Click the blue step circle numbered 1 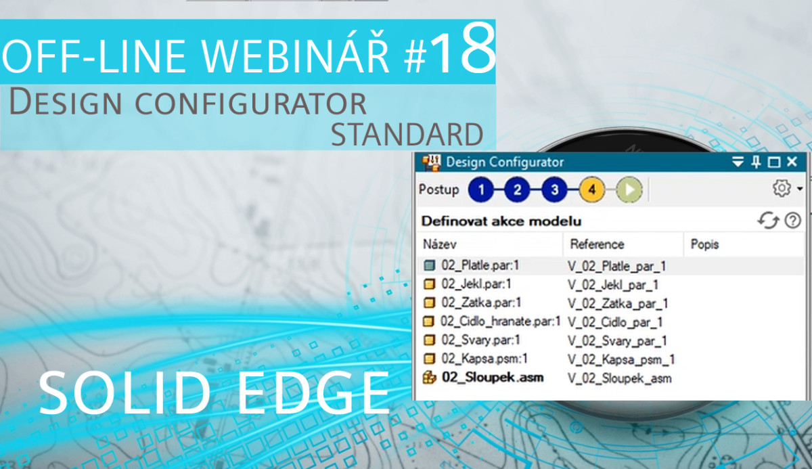(x=480, y=189)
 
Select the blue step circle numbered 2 (x=517, y=189)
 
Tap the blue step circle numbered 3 (x=554, y=189)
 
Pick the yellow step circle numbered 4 (x=592, y=189)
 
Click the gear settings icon (x=782, y=188)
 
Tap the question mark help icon (x=793, y=221)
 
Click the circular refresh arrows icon (x=768, y=221)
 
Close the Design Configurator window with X (x=792, y=162)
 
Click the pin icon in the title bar (x=756, y=162)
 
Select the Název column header (x=440, y=244)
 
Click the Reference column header (x=597, y=244)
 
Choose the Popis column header (x=704, y=244)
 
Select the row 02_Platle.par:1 (x=480, y=265)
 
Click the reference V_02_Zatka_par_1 (x=618, y=303)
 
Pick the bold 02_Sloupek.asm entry (x=493, y=378)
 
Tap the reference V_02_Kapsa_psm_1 (x=621, y=359)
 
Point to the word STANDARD (x=407, y=135)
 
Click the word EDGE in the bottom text (x=313, y=393)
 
